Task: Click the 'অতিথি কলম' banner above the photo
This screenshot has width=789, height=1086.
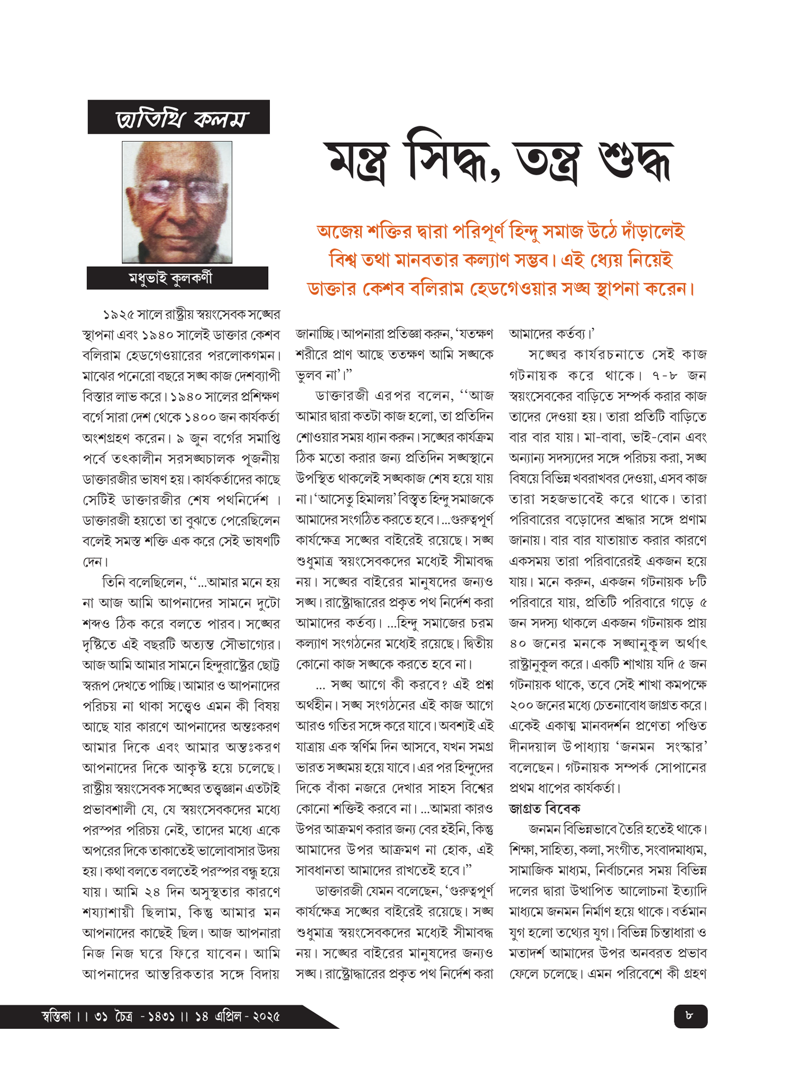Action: click(179, 118)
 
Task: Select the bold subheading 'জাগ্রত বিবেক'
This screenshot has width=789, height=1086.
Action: click(545, 809)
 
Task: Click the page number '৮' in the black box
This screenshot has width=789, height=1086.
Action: click(689, 1015)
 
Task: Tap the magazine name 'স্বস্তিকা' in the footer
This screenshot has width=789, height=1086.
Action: click(56, 1017)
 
